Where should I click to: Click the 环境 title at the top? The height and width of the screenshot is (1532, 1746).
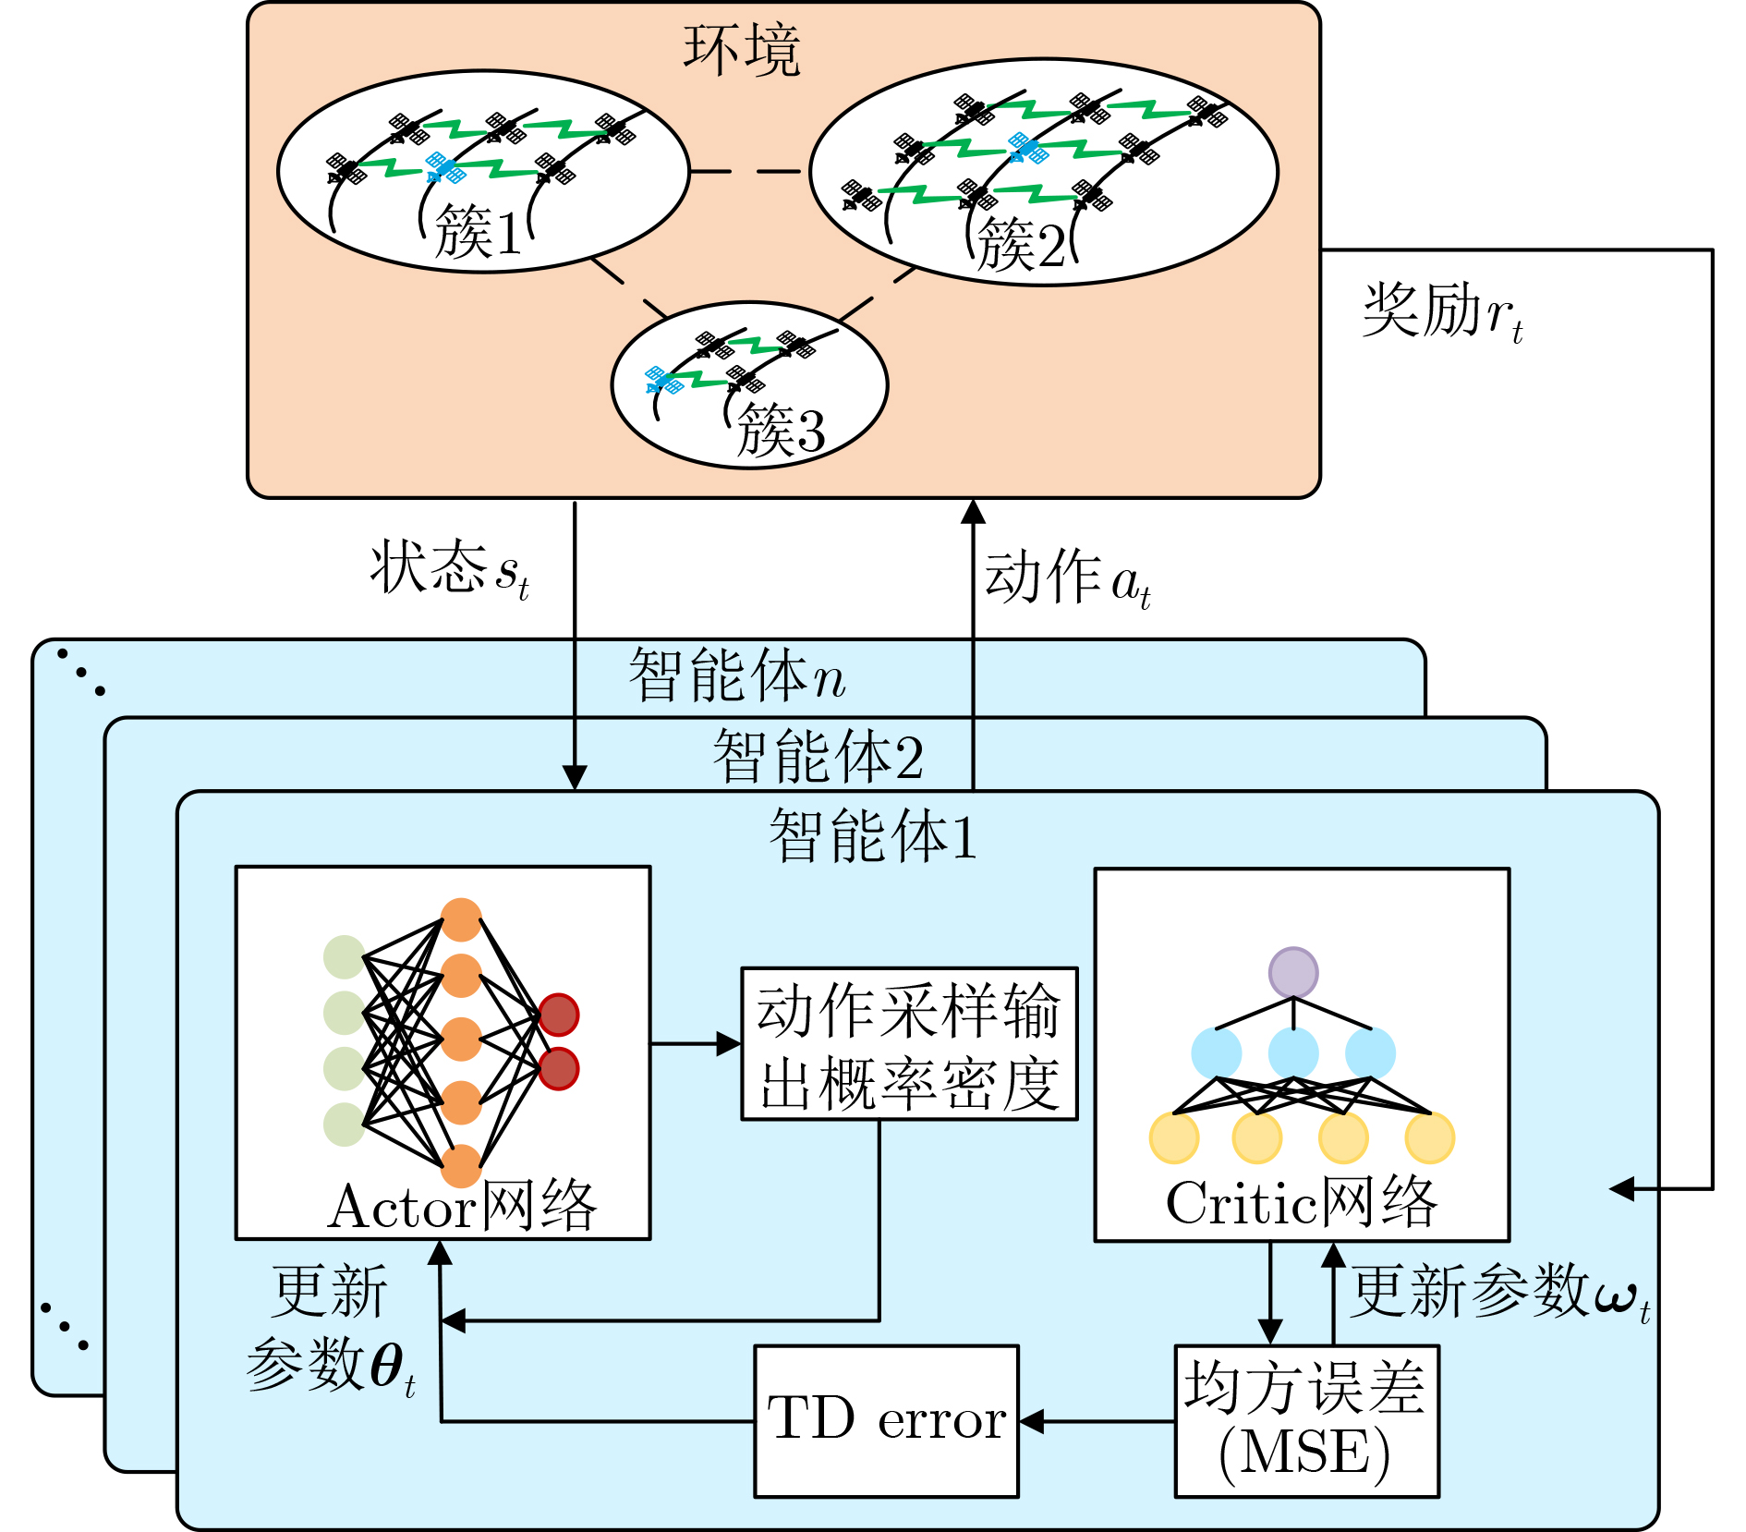tap(741, 50)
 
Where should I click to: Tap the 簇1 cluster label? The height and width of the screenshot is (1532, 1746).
tap(478, 231)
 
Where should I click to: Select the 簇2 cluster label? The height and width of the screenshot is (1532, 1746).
tap(1021, 245)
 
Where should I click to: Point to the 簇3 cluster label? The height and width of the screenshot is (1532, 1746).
tap(781, 430)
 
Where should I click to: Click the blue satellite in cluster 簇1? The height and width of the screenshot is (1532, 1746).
tap(445, 168)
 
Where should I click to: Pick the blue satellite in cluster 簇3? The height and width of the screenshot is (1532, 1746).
tap(664, 380)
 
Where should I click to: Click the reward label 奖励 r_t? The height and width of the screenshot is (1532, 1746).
tap(1442, 312)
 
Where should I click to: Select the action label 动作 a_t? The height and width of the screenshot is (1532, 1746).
tap(1068, 578)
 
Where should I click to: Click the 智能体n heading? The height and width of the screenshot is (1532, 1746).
tap(737, 675)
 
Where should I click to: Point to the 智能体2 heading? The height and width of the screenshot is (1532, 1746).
tap(818, 756)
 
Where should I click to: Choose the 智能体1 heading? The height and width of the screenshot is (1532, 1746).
tap(873, 835)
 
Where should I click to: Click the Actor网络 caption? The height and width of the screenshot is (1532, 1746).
tap(462, 1205)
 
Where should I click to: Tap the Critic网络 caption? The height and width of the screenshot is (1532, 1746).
tap(1302, 1202)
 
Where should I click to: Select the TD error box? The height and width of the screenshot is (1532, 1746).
tap(887, 1421)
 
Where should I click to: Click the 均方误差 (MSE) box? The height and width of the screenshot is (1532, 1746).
tap(1306, 1421)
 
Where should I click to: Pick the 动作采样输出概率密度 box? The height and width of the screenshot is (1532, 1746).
tap(910, 1044)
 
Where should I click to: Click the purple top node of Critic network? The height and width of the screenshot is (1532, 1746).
tap(1293, 972)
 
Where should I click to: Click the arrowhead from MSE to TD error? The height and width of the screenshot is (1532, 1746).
tap(1031, 1421)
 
